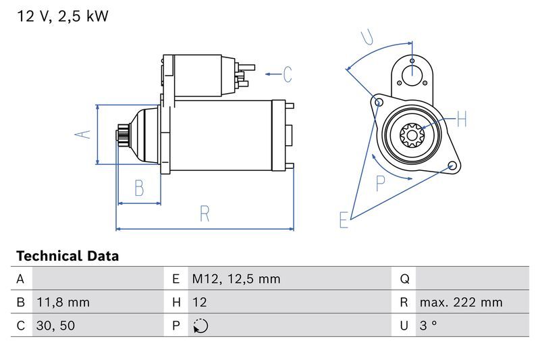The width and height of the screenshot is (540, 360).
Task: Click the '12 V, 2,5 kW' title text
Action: [62, 17]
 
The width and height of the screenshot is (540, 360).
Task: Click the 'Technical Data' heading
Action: [67, 256]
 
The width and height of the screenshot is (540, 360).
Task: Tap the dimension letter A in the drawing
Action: [82, 134]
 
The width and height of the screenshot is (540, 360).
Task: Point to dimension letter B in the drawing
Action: [139, 188]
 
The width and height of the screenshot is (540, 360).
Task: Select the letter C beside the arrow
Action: [288, 74]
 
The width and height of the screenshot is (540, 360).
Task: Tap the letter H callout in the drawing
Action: [462, 120]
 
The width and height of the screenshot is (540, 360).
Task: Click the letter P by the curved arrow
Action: [381, 183]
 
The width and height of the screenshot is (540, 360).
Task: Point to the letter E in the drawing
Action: [344, 220]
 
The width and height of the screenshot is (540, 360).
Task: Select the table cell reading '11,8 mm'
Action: [63, 302]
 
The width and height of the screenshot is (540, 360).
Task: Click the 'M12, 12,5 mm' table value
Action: [236, 278]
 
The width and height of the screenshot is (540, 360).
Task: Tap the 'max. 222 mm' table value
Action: [460, 302]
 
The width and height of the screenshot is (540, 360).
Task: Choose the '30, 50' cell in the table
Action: [56, 326]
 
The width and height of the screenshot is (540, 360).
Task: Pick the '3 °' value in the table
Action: [428, 326]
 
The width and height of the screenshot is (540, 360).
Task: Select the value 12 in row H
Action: [200, 302]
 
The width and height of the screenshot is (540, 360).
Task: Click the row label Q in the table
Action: [404, 278]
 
